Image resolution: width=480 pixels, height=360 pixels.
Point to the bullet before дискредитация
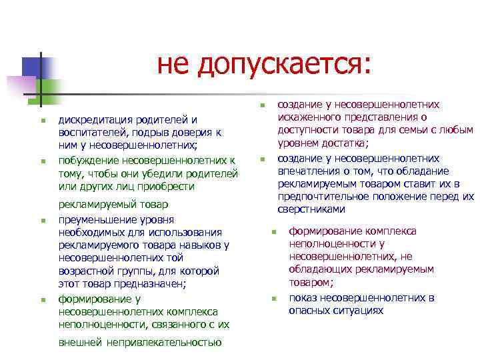coord(41,121)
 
